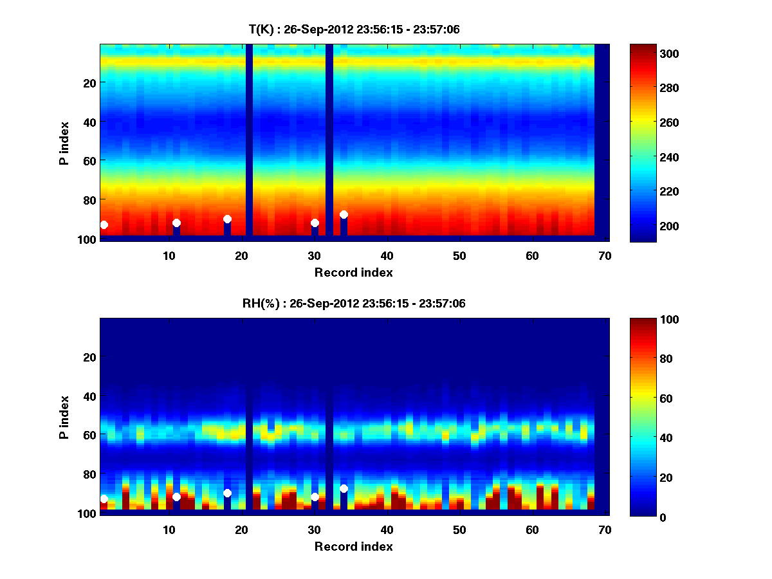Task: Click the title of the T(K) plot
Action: tap(354, 29)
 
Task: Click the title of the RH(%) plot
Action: tap(354, 304)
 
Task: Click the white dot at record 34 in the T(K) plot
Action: tap(344, 214)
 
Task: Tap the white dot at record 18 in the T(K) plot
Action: tap(227, 219)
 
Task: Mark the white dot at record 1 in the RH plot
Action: tap(104, 499)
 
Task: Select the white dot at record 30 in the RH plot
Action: tap(315, 497)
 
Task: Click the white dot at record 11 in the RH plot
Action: tap(176, 497)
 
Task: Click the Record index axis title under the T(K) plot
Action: tap(354, 272)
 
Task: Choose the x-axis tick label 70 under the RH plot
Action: tap(605, 529)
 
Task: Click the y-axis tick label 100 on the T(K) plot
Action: tap(88, 239)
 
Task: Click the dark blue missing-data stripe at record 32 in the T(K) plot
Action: tap(329, 129)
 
